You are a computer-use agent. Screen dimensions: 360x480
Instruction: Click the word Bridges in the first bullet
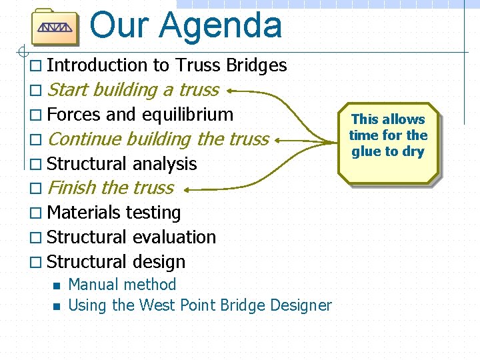[x=257, y=65]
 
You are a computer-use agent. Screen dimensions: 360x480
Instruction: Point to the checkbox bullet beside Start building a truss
[x=36, y=91]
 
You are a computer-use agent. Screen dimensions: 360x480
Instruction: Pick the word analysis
[x=165, y=164]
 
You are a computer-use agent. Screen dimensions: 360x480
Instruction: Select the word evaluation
[x=174, y=237]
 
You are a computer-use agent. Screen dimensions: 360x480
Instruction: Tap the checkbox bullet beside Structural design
[x=36, y=263]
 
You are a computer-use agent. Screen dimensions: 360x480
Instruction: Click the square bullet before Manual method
[x=56, y=286]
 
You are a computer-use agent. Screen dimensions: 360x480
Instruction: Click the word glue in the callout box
[x=366, y=151]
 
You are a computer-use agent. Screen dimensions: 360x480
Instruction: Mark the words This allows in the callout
[x=388, y=119]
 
